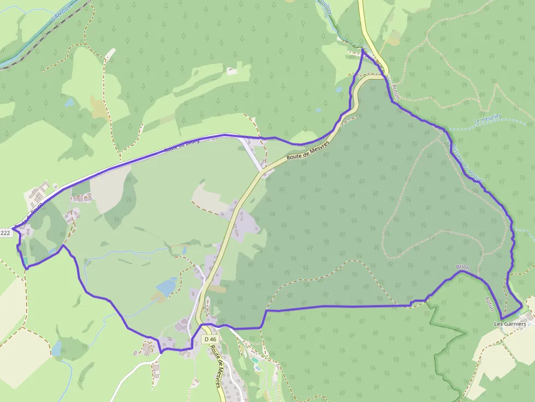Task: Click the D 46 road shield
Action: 210,339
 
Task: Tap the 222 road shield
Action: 5,233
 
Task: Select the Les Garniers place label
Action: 510,323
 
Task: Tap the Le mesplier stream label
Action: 488,121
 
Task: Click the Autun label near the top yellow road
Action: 396,91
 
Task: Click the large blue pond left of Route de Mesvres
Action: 167,285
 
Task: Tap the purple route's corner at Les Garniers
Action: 502,318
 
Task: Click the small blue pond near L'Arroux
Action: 69,101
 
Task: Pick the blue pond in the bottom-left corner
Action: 57,348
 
